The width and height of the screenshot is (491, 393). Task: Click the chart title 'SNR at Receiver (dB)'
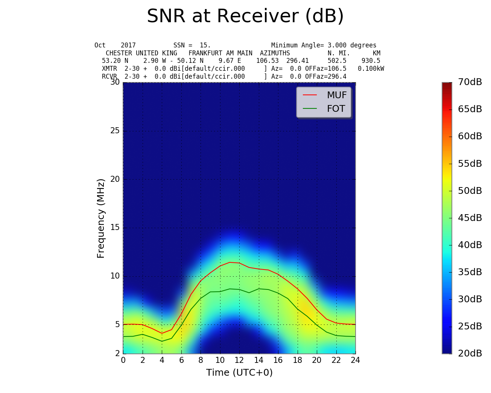[x=245, y=17]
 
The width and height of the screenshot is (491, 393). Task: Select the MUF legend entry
[x=336, y=95]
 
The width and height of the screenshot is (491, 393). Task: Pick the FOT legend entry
[x=336, y=109]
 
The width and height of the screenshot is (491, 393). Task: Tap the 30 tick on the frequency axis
[x=115, y=82]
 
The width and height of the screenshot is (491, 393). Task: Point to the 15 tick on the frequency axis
[x=115, y=227]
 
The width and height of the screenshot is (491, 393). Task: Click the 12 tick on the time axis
[x=239, y=360]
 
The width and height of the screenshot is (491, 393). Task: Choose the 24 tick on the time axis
[x=355, y=360]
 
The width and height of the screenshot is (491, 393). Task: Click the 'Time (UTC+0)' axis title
[x=239, y=373]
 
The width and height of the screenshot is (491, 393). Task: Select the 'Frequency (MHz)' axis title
[x=101, y=218]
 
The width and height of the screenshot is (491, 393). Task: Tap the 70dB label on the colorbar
[x=470, y=82]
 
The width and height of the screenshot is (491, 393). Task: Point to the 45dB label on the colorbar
[x=470, y=218]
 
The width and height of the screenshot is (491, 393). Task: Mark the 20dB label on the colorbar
[x=470, y=353]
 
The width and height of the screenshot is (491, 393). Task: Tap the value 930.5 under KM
[x=371, y=61]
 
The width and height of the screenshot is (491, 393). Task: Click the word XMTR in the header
[x=109, y=69]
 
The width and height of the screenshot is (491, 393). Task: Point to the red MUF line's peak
[x=230, y=262]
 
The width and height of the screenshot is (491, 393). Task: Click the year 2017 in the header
[x=128, y=45]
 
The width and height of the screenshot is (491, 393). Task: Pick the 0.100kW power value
[x=371, y=69]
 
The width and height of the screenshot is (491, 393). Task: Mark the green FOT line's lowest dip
[x=162, y=341]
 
